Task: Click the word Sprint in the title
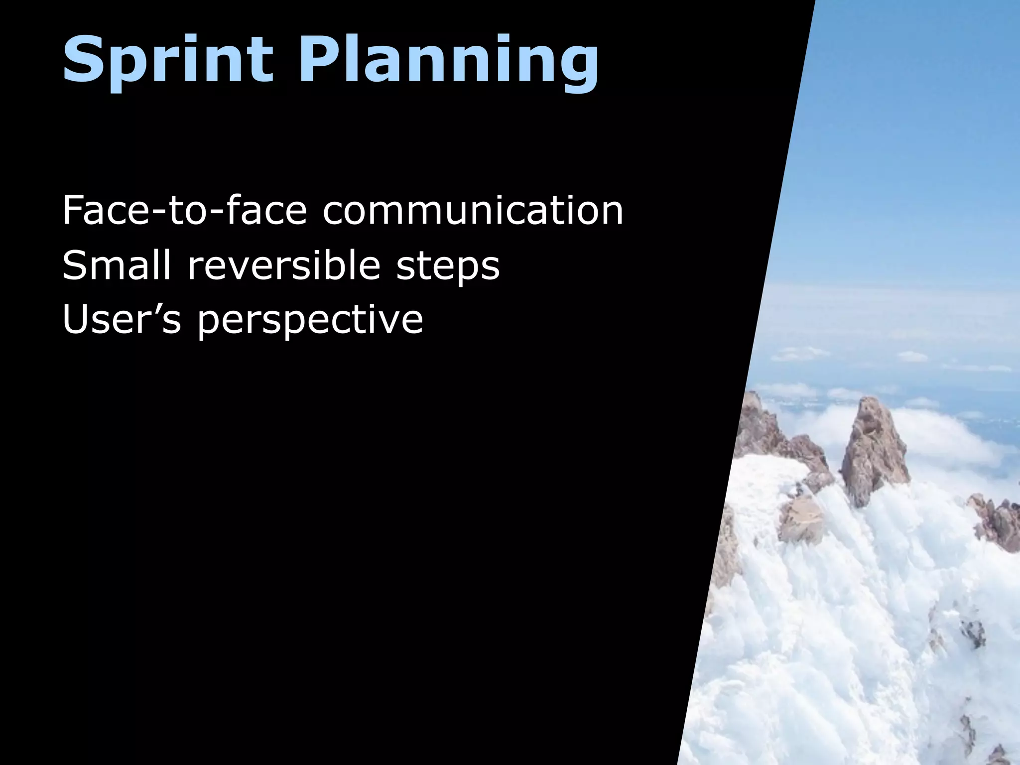[x=168, y=60]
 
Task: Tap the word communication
[x=473, y=211]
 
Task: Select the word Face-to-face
[x=184, y=211]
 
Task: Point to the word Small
[x=116, y=265]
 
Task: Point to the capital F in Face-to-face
[x=73, y=211]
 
